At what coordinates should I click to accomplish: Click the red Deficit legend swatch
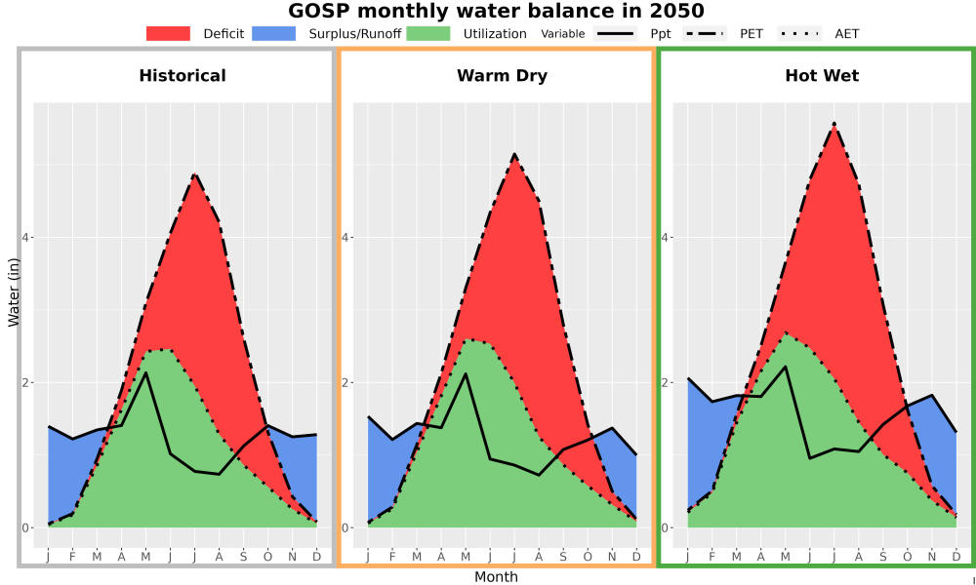(x=168, y=33)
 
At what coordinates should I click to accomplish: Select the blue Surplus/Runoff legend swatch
(x=274, y=33)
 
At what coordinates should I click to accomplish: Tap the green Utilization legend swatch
(x=428, y=33)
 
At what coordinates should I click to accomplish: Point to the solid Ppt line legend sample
(x=615, y=33)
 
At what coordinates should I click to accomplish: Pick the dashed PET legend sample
(x=705, y=33)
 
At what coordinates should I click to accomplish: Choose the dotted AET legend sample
(x=800, y=33)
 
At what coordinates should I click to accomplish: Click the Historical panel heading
(x=183, y=76)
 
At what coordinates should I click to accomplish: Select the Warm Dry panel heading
(x=503, y=76)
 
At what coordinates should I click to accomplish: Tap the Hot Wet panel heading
(x=822, y=76)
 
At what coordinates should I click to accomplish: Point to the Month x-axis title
(x=496, y=577)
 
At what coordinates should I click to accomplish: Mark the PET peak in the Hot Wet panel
(x=834, y=124)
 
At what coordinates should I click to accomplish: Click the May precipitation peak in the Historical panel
(x=145, y=372)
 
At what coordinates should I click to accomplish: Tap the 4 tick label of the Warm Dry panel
(x=345, y=238)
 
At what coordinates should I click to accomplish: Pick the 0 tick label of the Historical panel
(x=25, y=527)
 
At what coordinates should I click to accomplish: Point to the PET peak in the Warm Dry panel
(x=514, y=153)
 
